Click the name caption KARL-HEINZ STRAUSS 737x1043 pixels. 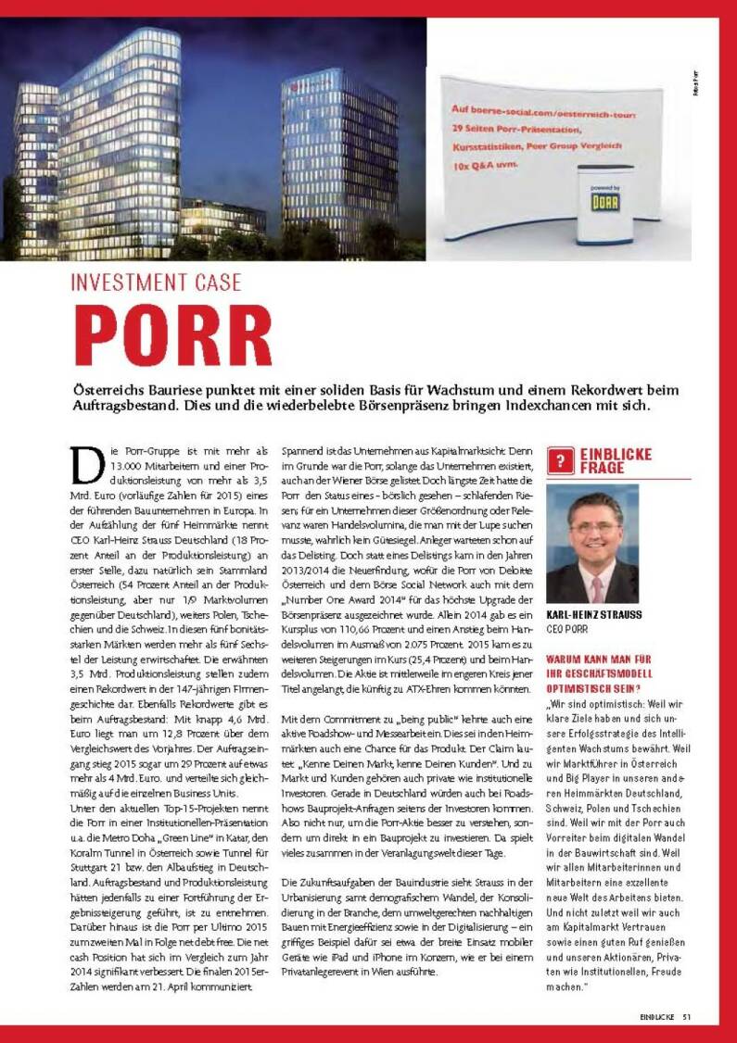[594, 614]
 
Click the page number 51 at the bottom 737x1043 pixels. [687, 1016]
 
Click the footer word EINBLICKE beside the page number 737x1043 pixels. [655, 1016]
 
